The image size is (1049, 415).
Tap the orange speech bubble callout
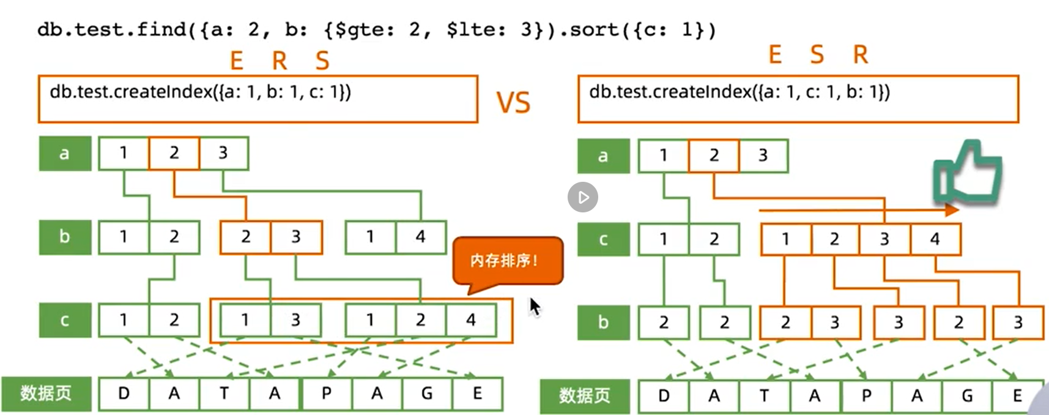(507, 262)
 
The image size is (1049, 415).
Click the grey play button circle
(582, 197)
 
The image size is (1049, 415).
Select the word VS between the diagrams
(513, 102)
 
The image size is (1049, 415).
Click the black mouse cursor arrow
(535, 307)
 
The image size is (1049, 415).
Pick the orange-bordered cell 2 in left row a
(174, 153)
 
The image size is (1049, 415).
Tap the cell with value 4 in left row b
(421, 237)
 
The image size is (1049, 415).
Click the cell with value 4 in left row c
(471, 320)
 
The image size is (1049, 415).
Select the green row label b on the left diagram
(65, 237)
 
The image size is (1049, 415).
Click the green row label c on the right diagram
(603, 239)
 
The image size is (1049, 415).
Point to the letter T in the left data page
(224, 394)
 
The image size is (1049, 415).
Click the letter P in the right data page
(866, 396)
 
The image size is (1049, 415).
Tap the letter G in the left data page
(427, 394)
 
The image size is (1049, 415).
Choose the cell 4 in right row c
(935, 239)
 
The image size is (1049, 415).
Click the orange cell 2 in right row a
(714, 155)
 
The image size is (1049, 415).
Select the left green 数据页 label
(46, 394)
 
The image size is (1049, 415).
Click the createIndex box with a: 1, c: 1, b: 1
(798, 99)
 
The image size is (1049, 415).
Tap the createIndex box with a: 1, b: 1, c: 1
(258, 99)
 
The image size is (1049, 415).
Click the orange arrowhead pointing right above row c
(952, 211)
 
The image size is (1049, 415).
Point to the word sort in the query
(594, 29)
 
